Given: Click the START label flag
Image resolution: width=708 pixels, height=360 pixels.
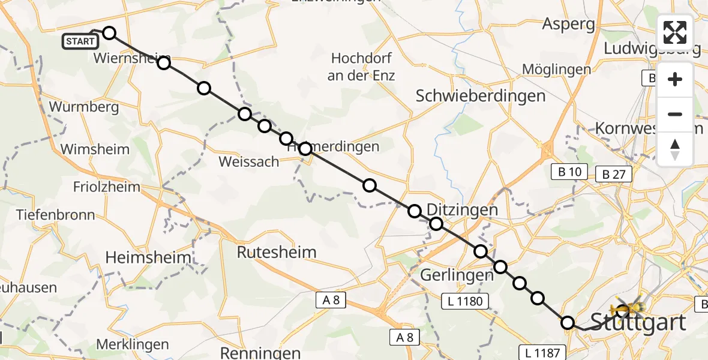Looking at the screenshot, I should [x=80, y=41].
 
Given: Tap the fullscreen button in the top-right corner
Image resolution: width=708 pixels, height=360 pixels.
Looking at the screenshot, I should [x=675, y=32].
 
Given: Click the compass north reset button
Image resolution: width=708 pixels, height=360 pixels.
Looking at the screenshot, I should [x=675, y=149].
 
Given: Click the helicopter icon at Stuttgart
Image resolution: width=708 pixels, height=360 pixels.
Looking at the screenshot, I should [x=627, y=310].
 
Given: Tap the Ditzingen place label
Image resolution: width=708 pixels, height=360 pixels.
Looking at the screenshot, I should [x=462, y=210].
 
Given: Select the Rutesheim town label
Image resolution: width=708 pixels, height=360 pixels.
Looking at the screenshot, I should [x=277, y=252].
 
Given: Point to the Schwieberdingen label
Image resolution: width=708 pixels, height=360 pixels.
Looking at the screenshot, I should [x=481, y=95].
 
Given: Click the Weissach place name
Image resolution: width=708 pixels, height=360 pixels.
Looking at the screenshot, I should [x=249, y=161].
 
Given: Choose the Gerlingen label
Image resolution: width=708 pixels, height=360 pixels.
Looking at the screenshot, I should [x=457, y=275].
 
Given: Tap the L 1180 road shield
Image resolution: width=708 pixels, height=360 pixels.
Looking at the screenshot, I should [x=465, y=301].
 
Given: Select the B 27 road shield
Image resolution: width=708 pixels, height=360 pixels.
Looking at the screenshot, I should [x=613, y=175].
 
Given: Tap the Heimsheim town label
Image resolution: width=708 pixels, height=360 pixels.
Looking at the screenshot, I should [x=148, y=257].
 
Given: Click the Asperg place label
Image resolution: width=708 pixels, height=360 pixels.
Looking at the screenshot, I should [x=568, y=24].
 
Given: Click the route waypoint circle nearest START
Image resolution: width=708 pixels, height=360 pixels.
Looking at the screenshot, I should [x=109, y=33].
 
